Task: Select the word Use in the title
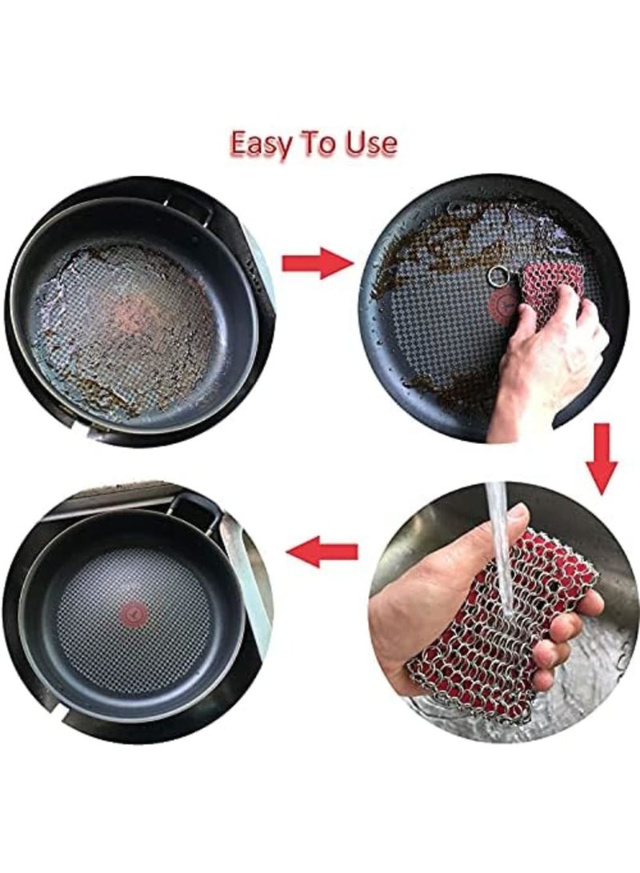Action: tap(370, 143)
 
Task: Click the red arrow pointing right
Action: tap(317, 262)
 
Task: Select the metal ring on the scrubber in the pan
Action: tap(498, 277)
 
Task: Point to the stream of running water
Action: tap(500, 544)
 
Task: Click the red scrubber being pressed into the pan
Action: tap(544, 292)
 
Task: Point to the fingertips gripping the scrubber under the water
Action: tap(564, 648)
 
